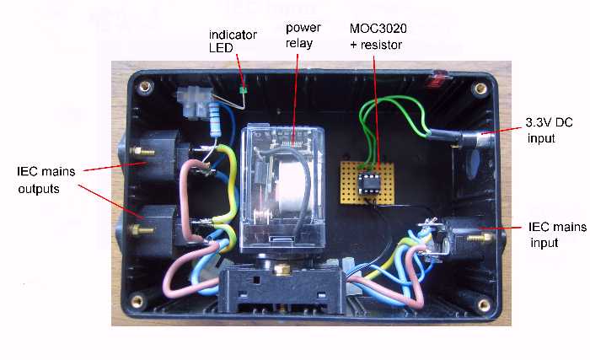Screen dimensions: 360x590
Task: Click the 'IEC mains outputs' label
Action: (x=46, y=179)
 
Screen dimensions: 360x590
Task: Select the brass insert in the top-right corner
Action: (x=481, y=87)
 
